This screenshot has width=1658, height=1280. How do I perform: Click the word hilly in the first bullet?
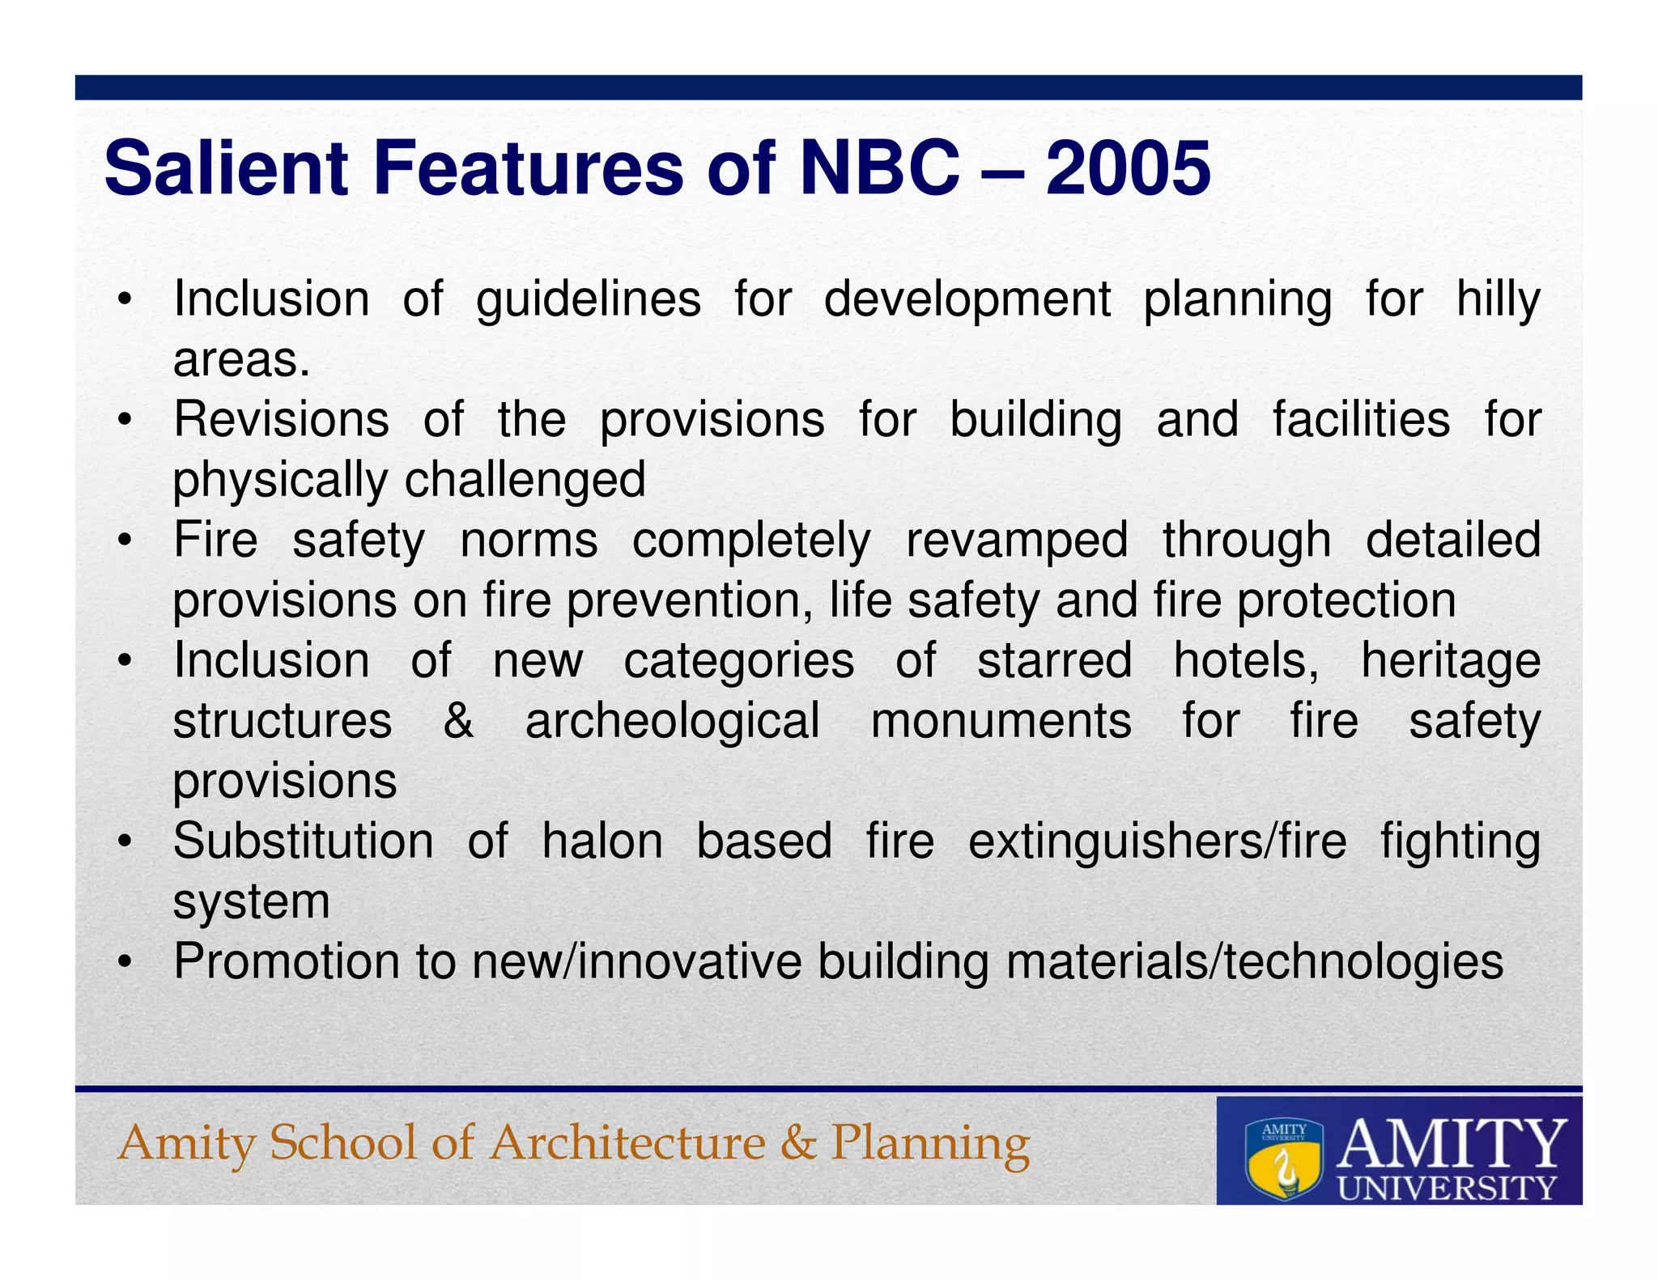[x=1498, y=299]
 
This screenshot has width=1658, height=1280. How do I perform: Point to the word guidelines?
[x=589, y=299]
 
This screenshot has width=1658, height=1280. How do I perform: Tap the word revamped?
[x=1017, y=540]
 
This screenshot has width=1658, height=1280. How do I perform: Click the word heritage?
[x=1451, y=660]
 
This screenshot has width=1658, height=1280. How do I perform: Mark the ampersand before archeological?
[x=458, y=720]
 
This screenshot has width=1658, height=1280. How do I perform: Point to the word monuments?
[x=1001, y=720]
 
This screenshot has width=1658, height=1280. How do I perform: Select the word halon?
[x=602, y=841]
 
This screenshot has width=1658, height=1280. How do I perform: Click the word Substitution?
[x=304, y=841]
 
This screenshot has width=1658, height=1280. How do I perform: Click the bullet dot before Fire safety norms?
[x=124, y=540]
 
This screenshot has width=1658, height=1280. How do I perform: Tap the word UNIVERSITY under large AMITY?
[x=1447, y=1187]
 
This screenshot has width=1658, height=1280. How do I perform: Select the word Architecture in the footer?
[x=627, y=1142]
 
